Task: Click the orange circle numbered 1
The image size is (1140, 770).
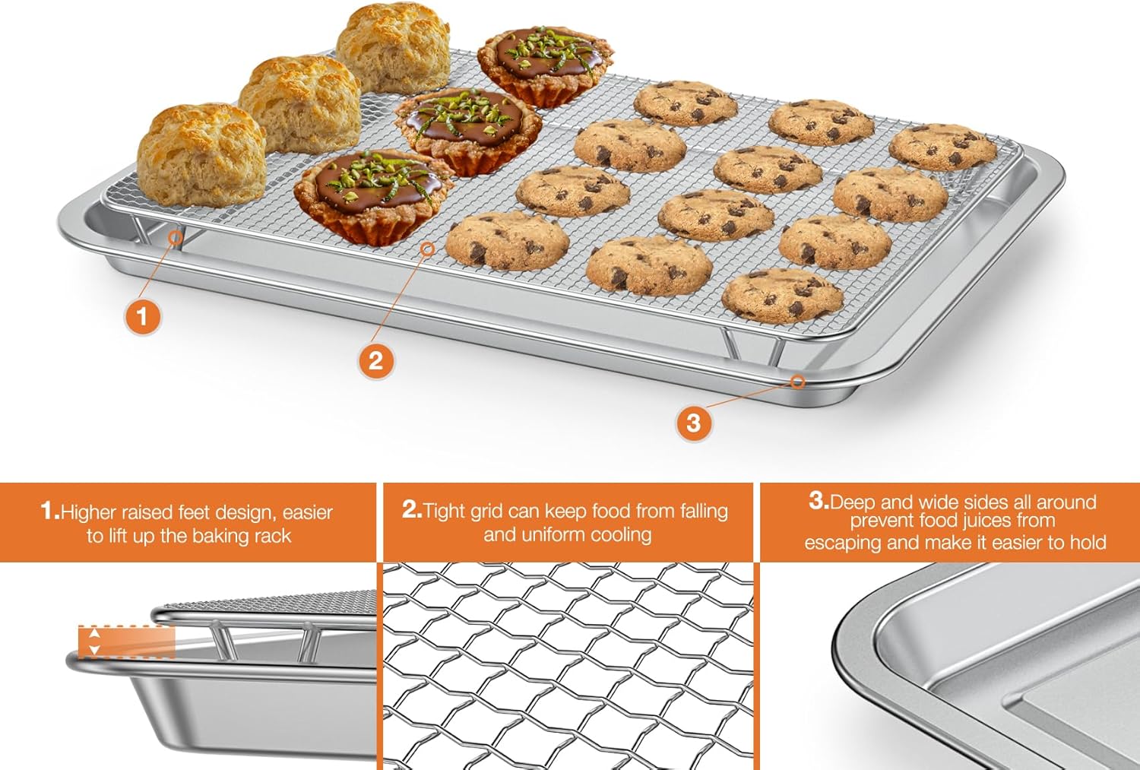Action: [142, 315]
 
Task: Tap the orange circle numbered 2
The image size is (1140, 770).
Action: [375, 360]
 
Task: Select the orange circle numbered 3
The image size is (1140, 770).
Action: [693, 422]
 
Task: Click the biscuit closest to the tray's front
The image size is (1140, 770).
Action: [201, 156]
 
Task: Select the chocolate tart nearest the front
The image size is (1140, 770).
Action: [372, 194]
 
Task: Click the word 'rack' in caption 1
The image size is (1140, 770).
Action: [273, 536]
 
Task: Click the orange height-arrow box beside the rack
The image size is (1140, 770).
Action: [126, 642]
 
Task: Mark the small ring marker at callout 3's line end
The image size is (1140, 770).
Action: [797, 382]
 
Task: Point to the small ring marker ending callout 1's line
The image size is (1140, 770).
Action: [176, 238]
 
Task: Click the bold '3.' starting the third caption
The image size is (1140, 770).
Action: [819, 500]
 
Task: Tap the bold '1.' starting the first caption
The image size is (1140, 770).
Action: [49, 511]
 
